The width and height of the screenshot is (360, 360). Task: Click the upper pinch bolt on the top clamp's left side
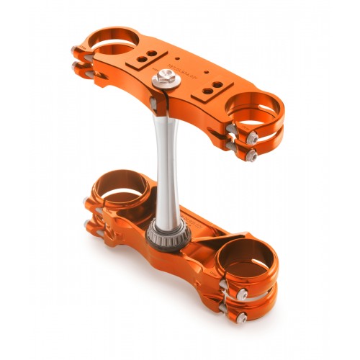(77, 50)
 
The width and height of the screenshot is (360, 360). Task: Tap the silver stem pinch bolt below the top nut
(153, 104)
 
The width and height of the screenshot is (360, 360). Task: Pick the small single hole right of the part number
(207, 73)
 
